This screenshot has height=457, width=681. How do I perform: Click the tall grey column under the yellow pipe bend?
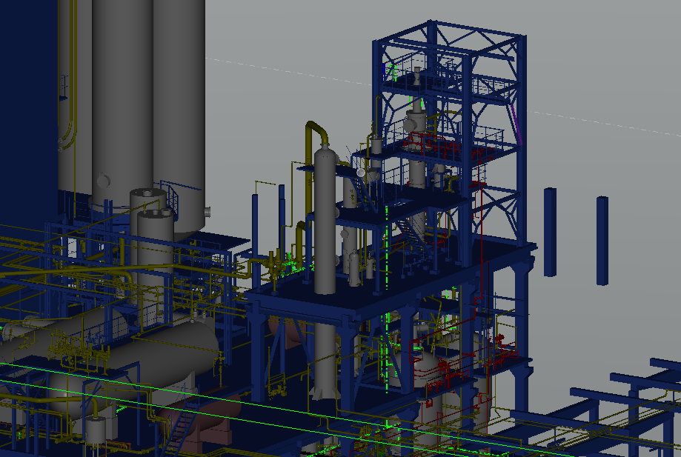coord(325,222)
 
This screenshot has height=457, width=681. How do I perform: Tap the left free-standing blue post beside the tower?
coord(550,232)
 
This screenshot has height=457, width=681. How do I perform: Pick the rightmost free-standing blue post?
coord(602,240)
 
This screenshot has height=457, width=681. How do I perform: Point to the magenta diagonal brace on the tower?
coord(517,122)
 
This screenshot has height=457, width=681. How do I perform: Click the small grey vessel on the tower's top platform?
coord(418,76)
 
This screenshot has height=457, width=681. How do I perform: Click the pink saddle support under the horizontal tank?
coord(215,430)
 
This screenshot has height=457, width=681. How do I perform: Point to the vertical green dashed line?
coord(387,296)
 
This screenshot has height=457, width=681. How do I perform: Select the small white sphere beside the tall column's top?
coord(361,173)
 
